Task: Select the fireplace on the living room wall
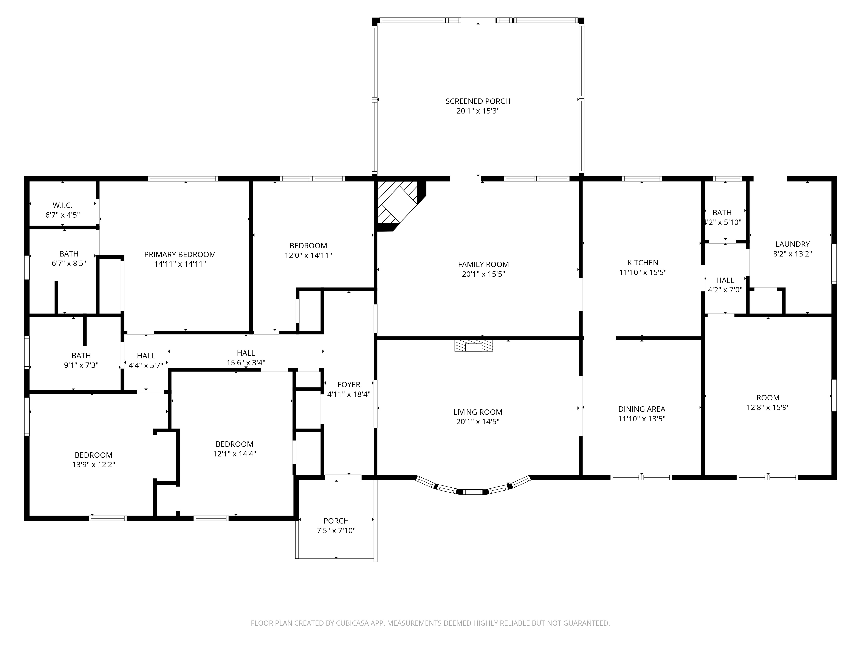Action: pos(473,346)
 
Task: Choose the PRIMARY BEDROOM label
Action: pos(180,254)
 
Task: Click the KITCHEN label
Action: pos(643,263)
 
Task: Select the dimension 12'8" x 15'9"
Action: pos(768,407)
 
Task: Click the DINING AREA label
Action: pos(641,409)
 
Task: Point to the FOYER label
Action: pos(349,384)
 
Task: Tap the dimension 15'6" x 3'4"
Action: pos(246,363)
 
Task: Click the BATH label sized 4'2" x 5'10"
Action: pos(722,213)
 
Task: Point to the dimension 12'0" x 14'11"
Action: pos(308,255)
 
